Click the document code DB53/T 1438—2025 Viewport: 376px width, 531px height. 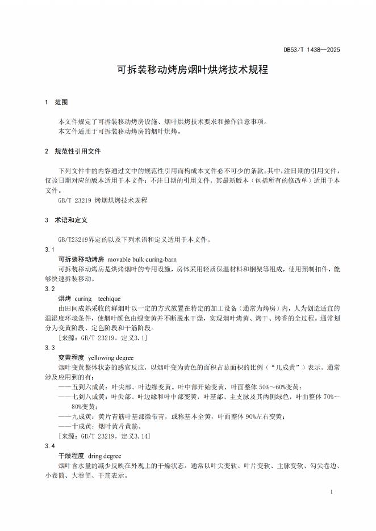point(312,50)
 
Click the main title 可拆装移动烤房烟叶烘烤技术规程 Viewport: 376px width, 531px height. point(188,70)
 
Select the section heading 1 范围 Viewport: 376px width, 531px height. point(56,103)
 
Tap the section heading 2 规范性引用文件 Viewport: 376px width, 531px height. point(72,152)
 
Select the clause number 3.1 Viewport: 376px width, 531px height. point(49,250)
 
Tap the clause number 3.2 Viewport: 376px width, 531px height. point(49,289)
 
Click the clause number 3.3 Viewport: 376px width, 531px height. point(49,347)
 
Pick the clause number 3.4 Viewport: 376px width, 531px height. point(49,445)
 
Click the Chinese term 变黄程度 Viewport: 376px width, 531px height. point(71,357)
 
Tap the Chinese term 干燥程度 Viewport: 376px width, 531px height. point(71,456)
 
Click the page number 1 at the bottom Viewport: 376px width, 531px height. point(331,491)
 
